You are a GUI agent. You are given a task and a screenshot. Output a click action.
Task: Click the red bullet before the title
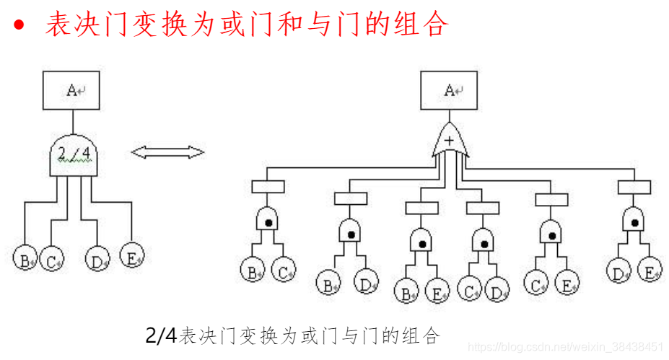coord(19,25)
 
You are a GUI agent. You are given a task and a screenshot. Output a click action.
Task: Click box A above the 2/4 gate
coord(71,90)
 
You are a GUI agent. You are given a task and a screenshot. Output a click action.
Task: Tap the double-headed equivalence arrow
coord(167,152)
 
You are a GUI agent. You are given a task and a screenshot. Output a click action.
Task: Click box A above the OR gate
coord(450,90)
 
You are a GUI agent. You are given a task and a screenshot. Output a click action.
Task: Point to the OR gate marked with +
coord(450,141)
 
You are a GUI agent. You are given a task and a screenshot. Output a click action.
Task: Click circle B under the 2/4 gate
coord(25,258)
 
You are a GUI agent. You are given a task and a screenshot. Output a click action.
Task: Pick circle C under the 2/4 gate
coord(51,258)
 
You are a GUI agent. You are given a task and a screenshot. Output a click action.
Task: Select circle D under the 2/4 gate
coord(97,258)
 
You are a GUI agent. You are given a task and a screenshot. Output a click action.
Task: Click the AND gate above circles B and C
coord(268,221)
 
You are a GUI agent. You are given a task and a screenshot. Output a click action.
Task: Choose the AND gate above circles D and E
coord(634,219)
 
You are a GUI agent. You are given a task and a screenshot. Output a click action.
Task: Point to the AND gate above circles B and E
coord(421,240)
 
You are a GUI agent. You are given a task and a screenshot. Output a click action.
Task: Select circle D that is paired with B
coord(366,283)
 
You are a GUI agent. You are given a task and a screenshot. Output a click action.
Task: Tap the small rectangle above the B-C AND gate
coord(268,186)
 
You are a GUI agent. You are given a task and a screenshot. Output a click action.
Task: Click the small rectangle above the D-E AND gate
coord(634,186)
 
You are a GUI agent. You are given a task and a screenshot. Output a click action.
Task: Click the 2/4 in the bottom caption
coord(161,335)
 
